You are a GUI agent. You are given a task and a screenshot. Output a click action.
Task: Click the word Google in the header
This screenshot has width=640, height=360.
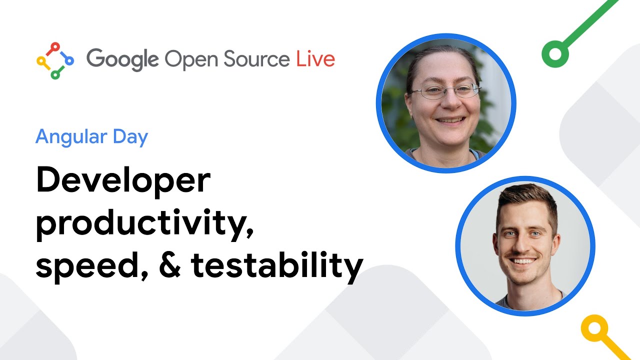click(x=122, y=59)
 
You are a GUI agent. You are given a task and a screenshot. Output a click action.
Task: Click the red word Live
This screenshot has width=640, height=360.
click(x=315, y=59)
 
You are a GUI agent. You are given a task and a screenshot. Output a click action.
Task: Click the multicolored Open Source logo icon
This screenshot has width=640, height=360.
click(x=55, y=60)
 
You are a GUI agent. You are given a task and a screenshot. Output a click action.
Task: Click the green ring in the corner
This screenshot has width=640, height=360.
click(x=554, y=53)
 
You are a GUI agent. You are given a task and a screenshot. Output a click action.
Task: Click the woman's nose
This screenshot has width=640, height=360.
click(x=446, y=104)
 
